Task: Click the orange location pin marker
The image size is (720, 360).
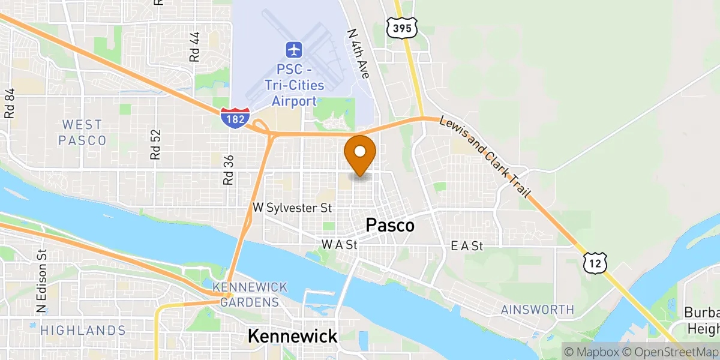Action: [x=361, y=154]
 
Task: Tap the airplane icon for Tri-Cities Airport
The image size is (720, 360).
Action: [x=294, y=48]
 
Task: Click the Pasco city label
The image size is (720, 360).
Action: [x=390, y=226]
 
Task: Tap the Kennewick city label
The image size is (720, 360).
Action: [x=293, y=336]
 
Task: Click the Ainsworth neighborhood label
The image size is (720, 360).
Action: [x=538, y=310]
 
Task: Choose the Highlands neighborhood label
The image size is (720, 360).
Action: [x=83, y=330]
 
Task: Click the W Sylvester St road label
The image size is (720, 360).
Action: [x=292, y=208]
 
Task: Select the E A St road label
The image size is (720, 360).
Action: [x=467, y=245]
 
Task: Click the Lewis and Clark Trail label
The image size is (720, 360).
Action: [x=487, y=157]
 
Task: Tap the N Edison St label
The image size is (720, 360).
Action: [x=41, y=281]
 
